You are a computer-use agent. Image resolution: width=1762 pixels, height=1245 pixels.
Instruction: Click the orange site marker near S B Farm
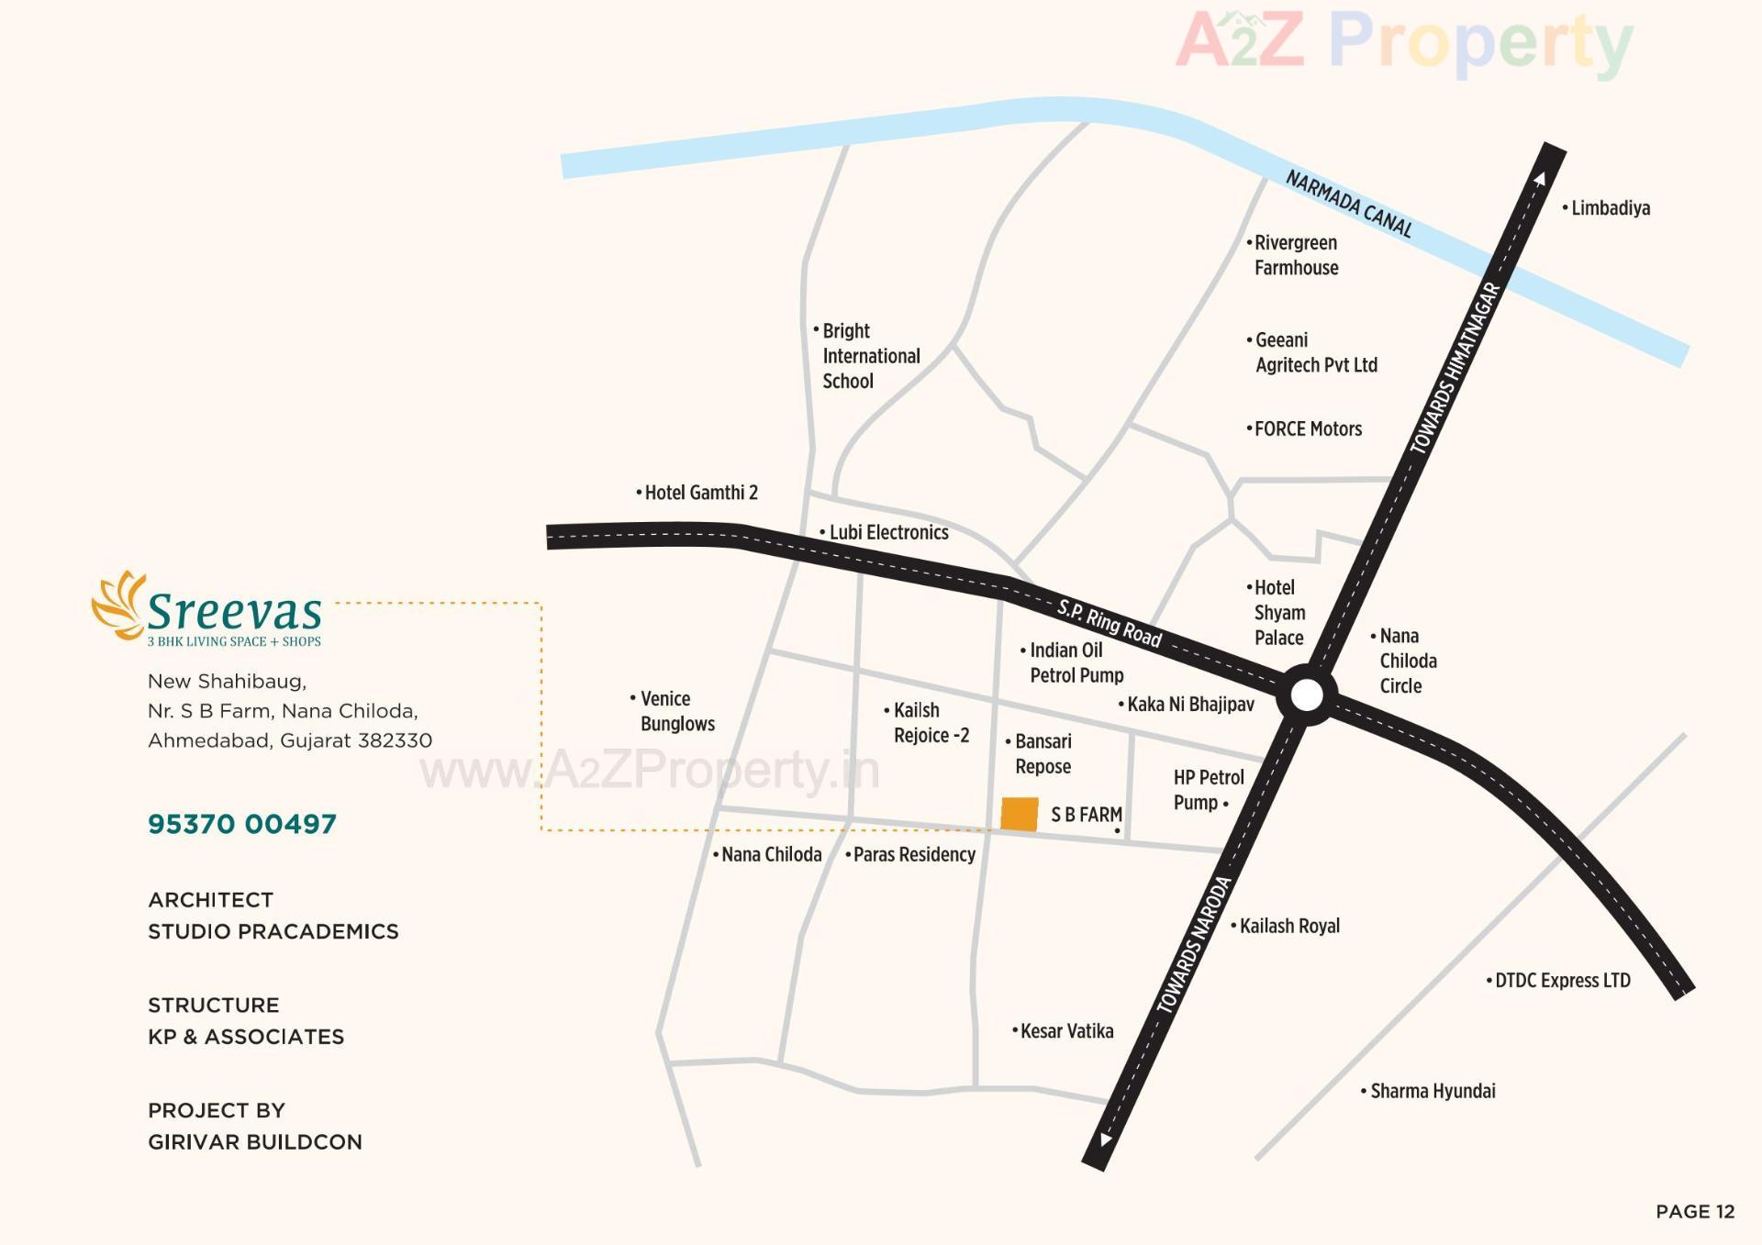click(1019, 814)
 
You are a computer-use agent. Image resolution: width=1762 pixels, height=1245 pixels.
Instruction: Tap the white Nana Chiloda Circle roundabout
click(1307, 695)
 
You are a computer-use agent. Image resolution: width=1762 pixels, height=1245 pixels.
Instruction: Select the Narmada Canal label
click(1348, 204)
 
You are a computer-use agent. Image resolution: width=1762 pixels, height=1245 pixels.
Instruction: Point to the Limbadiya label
click(1610, 208)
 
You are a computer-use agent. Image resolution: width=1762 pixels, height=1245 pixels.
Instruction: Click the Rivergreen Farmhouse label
click(1295, 255)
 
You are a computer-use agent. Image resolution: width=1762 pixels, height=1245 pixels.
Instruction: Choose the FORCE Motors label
click(1307, 428)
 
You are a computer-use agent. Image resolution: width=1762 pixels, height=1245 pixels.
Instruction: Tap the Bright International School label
click(869, 356)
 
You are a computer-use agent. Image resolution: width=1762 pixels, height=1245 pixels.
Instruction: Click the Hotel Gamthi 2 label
click(700, 493)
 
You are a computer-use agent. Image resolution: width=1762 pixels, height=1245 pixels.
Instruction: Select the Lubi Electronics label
click(887, 532)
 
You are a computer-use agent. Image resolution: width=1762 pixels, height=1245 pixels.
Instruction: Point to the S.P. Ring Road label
click(1109, 623)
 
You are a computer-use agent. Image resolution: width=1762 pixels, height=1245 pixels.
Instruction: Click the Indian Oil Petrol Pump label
click(1075, 662)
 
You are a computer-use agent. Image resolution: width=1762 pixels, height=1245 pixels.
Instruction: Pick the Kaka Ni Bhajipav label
click(1189, 704)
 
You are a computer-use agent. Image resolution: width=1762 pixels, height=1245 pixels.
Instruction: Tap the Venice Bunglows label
click(676, 711)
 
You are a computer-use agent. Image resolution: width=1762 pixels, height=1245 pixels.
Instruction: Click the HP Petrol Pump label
click(1208, 790)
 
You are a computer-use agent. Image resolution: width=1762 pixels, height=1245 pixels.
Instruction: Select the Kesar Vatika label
click(1065, 1031)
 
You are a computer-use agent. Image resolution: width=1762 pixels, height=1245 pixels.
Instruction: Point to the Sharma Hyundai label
click(1432, 1091)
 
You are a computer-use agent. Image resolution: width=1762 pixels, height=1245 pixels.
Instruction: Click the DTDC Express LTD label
click(1562, 980)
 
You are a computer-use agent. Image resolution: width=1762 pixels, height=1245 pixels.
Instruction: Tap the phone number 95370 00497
click(242, 824)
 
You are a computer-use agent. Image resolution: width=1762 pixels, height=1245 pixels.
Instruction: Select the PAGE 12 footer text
click(1695, 1211)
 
